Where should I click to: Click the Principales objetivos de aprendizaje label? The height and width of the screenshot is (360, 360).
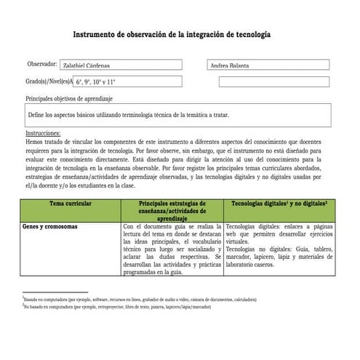point(69,97)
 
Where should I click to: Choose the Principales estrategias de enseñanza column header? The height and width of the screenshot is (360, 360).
point(172,211)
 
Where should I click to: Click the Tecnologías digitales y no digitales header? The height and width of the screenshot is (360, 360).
point(279,205)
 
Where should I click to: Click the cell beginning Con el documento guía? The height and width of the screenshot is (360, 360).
point(172,251)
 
